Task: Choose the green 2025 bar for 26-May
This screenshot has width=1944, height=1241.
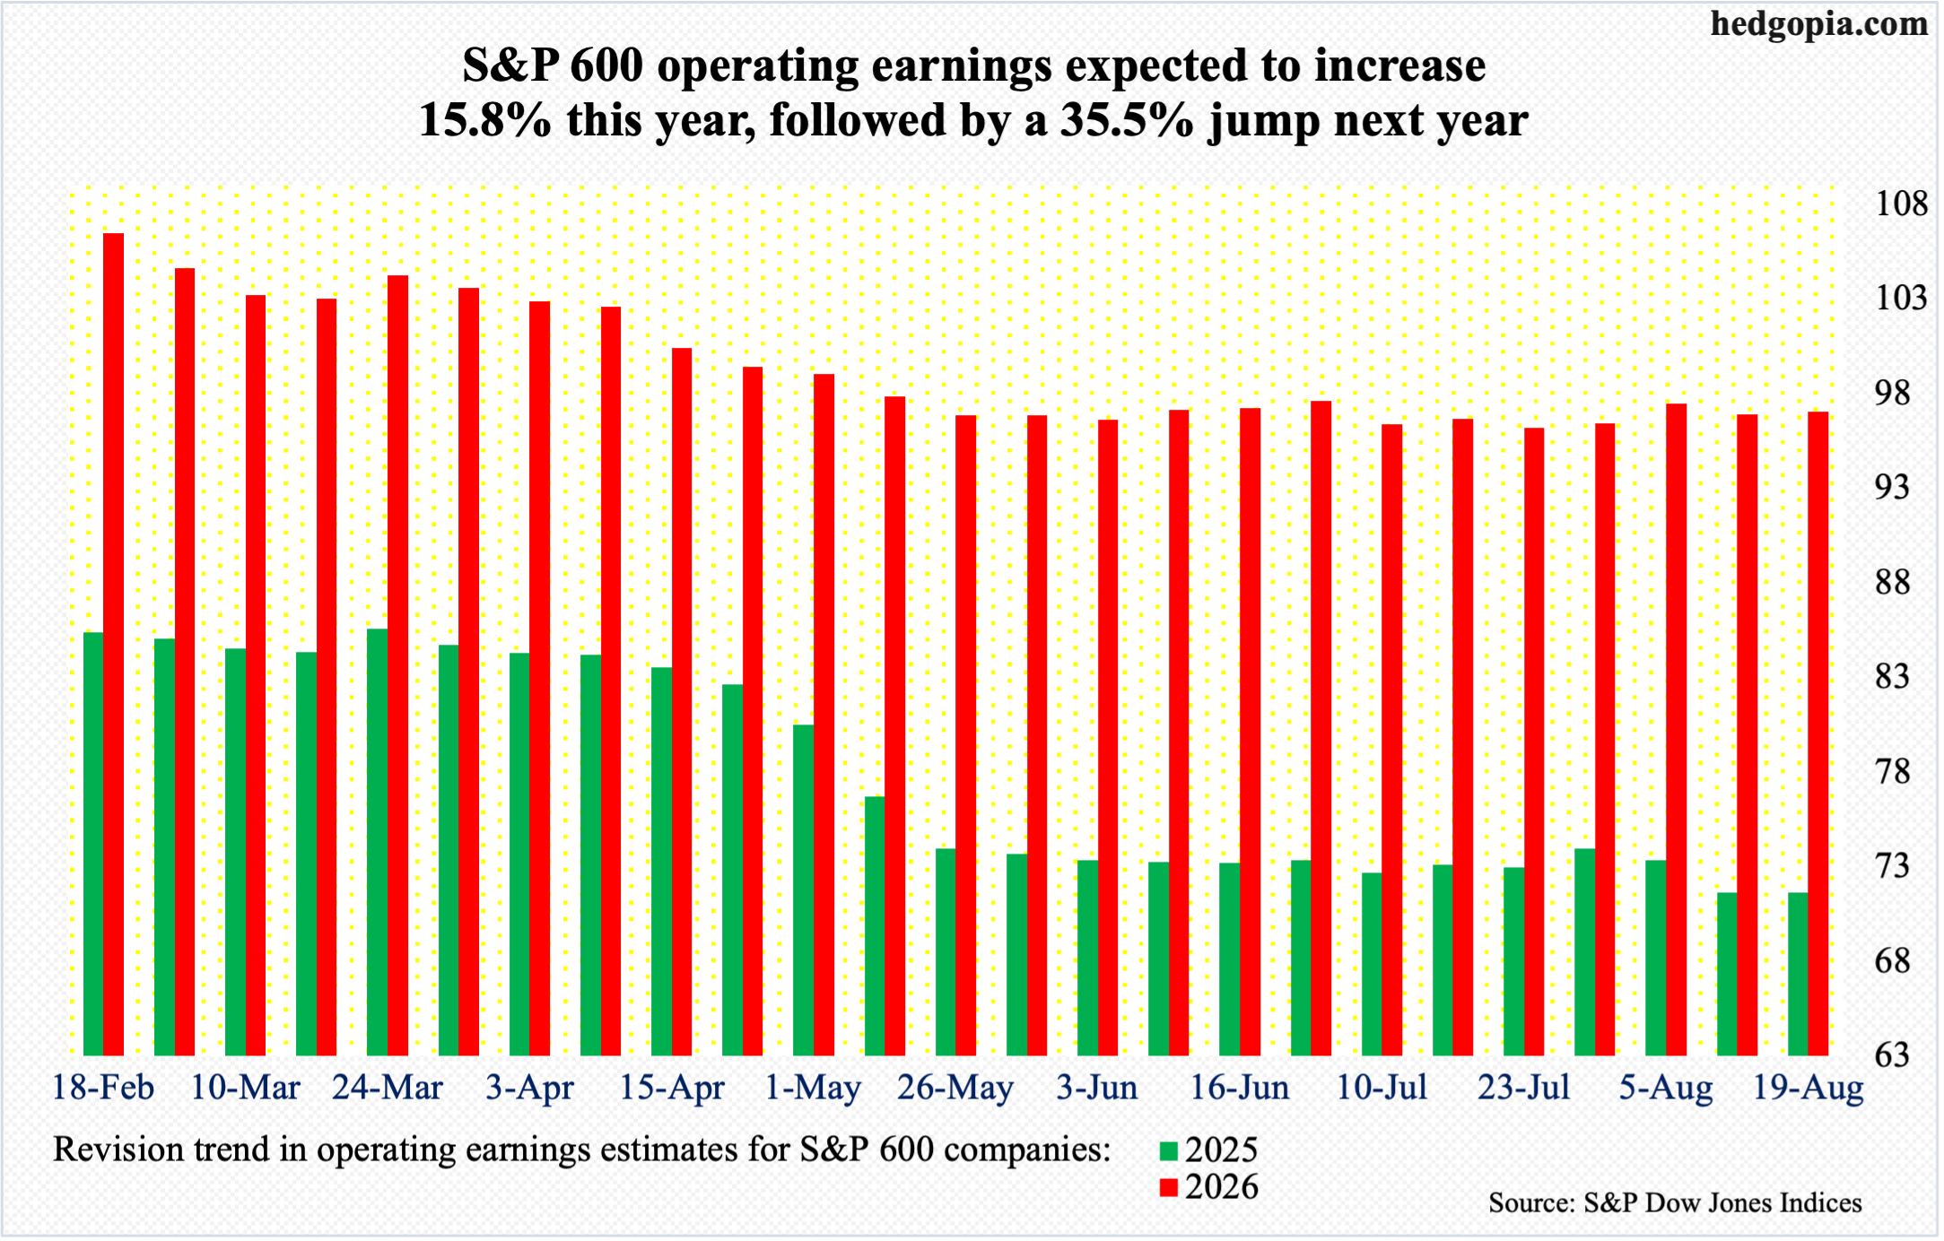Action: pos(946,951)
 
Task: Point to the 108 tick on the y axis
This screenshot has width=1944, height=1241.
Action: pos(1901,204)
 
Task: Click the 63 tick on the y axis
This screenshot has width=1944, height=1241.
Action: pos(1891,1055)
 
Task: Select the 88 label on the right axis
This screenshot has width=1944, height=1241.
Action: pos(1891,583)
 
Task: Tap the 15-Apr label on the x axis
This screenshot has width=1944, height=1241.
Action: pos(672,1088)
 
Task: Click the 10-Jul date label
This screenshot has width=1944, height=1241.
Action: pos(1382,1088)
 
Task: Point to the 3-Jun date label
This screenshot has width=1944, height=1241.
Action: pos(1096,1088)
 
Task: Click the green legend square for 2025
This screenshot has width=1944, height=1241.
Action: pos(1168,1151)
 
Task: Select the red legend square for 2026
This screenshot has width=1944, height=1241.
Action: pos(1168,1188)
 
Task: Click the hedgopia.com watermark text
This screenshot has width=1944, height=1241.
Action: pos(1818,24)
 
